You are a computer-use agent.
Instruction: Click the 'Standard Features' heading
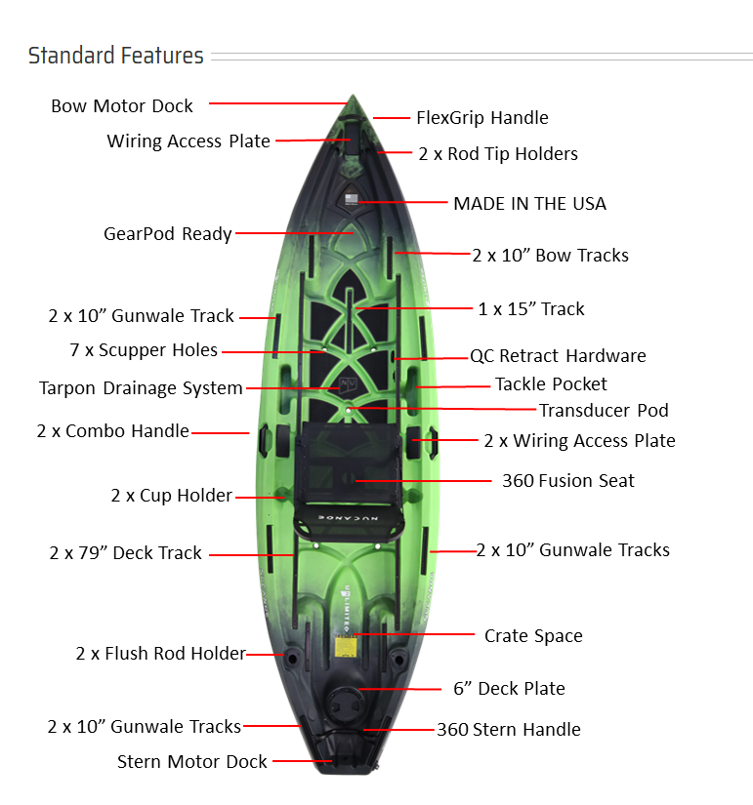pyautogui.click(x=115, y=56)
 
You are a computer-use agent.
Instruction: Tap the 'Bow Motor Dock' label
pyautogui.click(x=122, y=105)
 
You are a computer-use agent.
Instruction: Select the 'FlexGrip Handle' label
pyautogui.click(x=482, y=117)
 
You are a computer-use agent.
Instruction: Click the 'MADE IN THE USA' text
pyautogui.click(x=529, y=204)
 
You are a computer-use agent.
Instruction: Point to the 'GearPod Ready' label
pyautogui.click(x=168, y=234)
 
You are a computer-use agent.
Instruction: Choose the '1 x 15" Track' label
pyautogui.click(x=531, y=309)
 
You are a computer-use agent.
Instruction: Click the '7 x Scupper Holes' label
pyautogui.click(x=144, y=350)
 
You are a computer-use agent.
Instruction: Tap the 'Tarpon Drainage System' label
pyautogui.click(x=141, y=388)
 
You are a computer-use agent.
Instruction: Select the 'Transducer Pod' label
pyautogui.click(x=604, y=411)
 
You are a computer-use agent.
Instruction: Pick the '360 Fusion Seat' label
pyautogui.click(x=568, y=481)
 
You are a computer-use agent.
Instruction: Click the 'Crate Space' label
pyautogui.click(x=533, y=636)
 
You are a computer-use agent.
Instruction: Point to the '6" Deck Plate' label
pyautogui.click(x=509, y=689)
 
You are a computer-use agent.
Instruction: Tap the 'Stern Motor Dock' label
pyautogui.click(x=191, y=762)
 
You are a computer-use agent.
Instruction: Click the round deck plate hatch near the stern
pyautogui.click(x=346, y=702)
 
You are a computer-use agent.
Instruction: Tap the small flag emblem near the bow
pyautogui.click(x=352, y=199)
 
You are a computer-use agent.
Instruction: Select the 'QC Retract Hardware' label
pyautogui.click(x=558, y=356)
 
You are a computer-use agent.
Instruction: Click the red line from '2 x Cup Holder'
pyautogui.click(x=260, y=498)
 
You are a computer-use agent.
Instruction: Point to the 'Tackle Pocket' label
pyautogui.click(x=551, y=384)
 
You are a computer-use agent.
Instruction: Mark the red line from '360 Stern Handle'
pyautogui.click(x=398, y=730)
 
